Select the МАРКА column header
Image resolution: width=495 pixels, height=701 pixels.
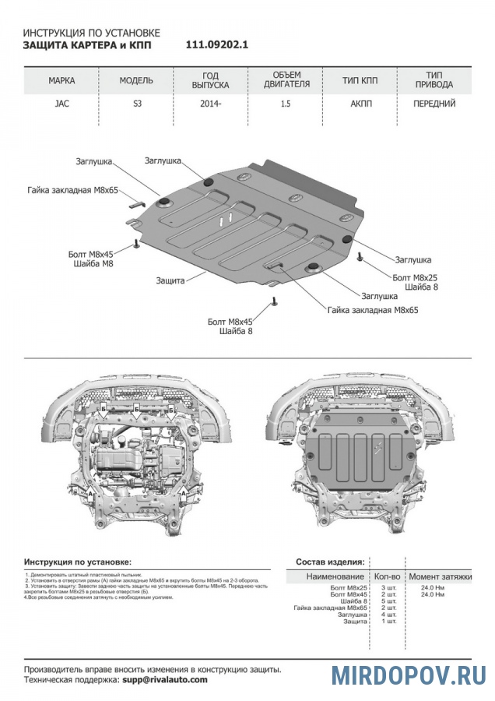pos(61,81)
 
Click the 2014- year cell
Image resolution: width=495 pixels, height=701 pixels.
pos(209,104)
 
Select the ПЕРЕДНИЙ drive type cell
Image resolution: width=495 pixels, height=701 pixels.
pos(434,104)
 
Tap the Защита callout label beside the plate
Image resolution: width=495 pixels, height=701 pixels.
pos(170,280)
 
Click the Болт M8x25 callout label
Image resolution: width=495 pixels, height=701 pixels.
pos(415,277)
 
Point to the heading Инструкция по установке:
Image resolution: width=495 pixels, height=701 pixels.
pos(78,561)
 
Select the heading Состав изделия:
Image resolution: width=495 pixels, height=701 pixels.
pos(330,561)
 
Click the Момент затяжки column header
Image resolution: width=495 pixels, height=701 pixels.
pos(440,576)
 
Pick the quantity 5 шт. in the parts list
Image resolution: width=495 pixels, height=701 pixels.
pos(386,601)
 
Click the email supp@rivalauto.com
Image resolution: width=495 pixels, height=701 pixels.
pos(165,680)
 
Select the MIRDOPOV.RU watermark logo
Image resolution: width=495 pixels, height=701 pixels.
pos(408,675)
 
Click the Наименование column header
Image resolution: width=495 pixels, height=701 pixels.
pos(335,576)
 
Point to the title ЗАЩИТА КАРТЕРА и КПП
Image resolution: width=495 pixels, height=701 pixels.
pos(87,45)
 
